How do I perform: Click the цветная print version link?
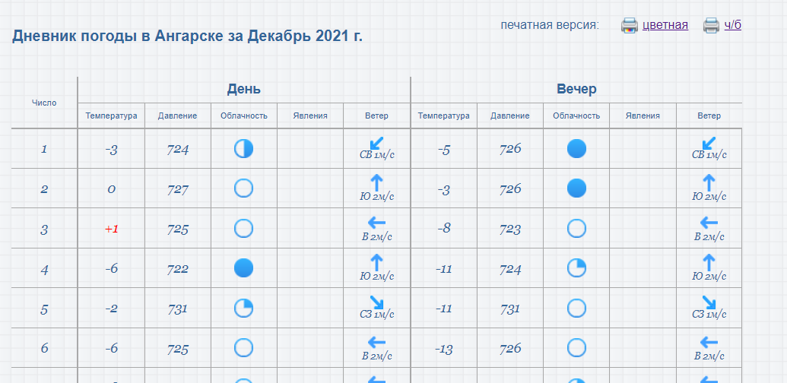click(x=665, y=25)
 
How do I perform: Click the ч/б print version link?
click(x=732, y=25)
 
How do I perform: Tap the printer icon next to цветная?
click(x=630, y=25)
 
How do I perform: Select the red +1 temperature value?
click(x=112, y=229)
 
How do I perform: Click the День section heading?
click(x=244, y=89)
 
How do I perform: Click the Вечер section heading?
click(x=576, y=89)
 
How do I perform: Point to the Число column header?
click(x=44, y=103)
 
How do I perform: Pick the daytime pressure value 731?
click(x=178, y=309)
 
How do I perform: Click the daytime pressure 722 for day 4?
click(x=178, y=269)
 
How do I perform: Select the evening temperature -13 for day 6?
click(x=444, y=348)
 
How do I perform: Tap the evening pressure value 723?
click(x=510, y=229)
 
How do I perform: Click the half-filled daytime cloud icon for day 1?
click(x=243, y=149)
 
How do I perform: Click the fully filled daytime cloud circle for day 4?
click(x=243, y=268)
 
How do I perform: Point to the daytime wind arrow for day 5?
click(x=377, y=302)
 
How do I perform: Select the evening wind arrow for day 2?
click(x=709, y=182)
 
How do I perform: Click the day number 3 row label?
click(x=44, y=229)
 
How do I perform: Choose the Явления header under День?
click(x=310, y=116)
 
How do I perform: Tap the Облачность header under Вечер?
click(x=576, y=116)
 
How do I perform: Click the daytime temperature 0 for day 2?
click(x=112, y=189)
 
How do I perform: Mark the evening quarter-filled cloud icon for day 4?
click(x=576, y=268)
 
